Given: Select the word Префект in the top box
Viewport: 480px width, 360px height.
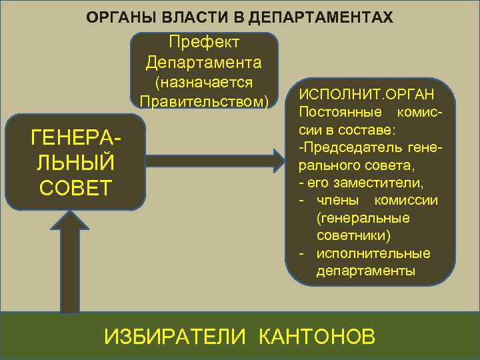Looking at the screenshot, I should point(205,42).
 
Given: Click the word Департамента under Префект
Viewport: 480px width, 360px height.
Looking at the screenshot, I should point(204,63).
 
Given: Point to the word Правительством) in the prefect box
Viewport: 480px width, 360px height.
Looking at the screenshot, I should point(204,102).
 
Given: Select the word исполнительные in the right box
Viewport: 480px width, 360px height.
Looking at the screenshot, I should point(373,254).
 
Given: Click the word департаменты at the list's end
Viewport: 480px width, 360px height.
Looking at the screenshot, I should point(365,271).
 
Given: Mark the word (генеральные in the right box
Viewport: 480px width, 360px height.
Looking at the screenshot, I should point(363,218).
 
